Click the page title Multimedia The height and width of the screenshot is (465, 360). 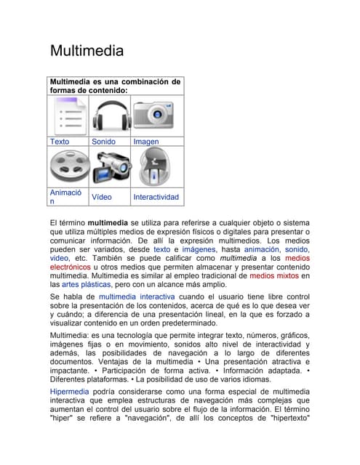87,51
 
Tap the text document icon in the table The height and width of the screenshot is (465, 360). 68,115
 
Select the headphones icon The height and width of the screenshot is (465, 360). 110,115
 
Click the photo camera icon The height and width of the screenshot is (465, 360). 156,115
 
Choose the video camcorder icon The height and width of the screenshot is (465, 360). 110,166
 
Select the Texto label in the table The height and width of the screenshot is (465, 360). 60,142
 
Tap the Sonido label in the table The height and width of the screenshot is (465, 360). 103,142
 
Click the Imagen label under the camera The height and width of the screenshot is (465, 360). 146,142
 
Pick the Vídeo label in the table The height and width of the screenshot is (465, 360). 102,197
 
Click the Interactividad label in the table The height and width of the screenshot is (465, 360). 156,197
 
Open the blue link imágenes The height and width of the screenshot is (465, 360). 199,249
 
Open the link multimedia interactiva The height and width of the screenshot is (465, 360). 137,297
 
